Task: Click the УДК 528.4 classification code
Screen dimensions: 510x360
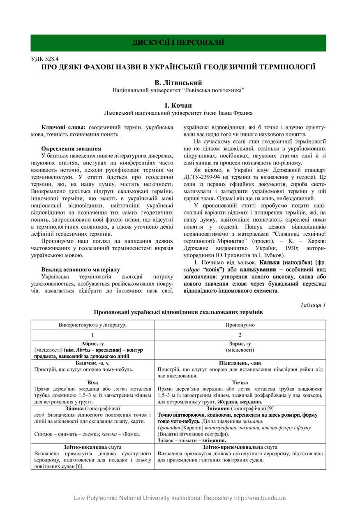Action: tap(46, 59)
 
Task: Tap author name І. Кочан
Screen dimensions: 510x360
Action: tap(178, 105)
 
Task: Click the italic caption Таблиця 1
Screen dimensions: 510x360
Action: tap(313, 305)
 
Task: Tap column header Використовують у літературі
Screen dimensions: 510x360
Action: tap(92, 325)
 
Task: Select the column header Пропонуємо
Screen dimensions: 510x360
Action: tap(240, 325)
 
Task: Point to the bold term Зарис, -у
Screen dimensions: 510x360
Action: tap(240, 343)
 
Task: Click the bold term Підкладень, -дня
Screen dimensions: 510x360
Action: tap(240, 363)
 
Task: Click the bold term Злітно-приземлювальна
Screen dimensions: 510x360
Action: tap(228, 447)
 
